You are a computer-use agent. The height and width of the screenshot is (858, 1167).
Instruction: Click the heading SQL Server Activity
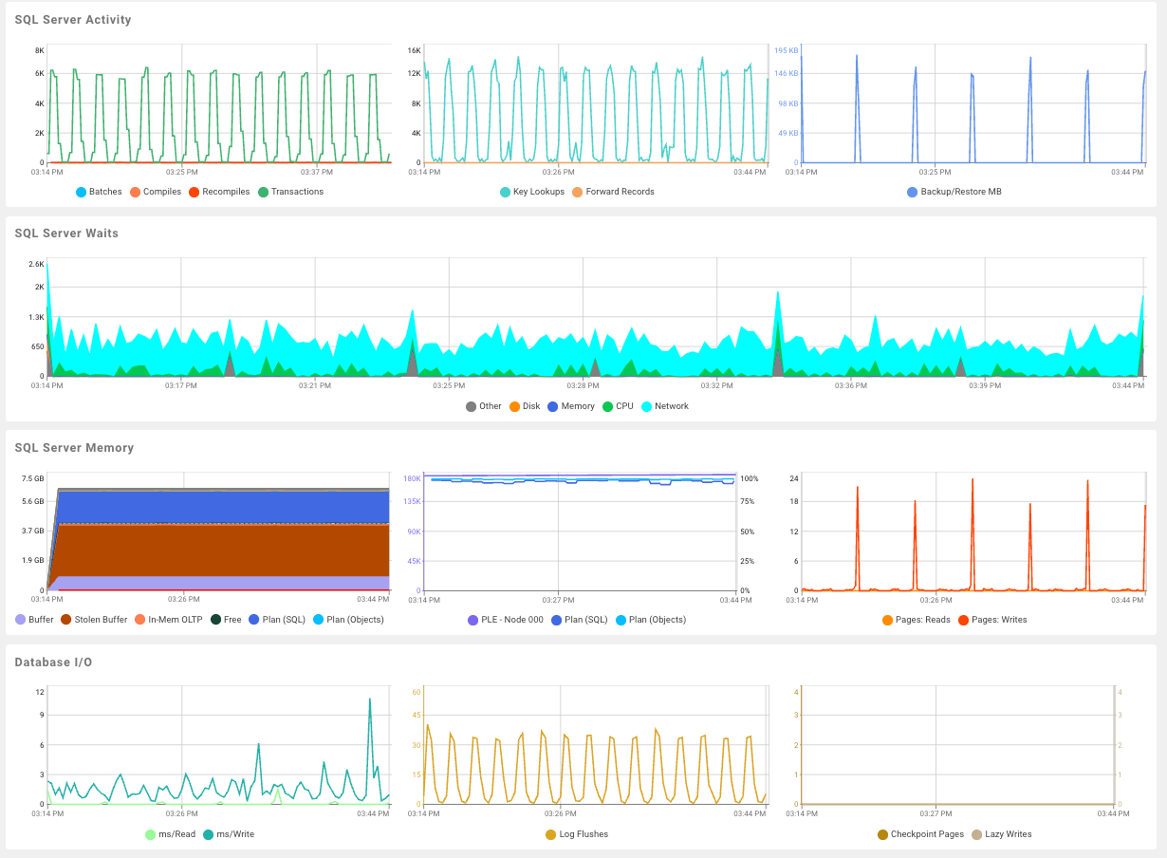pyautogui.click(x=73, y=20)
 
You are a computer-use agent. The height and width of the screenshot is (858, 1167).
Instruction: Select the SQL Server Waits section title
pyautogui.click(x=66, y=233)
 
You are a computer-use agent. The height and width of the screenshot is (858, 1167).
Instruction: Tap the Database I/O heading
pyautogui.click(x=53, y=662)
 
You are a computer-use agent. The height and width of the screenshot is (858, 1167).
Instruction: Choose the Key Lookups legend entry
pyautogui.click(x=538, y=192)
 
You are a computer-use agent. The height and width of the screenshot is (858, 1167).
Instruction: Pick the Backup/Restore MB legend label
pyautogui.click(x=961, y=192)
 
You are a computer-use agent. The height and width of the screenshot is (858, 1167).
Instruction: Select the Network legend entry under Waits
pyautogui.click(x=671, y=406)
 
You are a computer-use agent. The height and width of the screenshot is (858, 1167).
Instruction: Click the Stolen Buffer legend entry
pyautogui.click(x=100, y=620)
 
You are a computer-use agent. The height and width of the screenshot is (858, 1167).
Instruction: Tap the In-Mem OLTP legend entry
pyautogui.click(x=175, y=620)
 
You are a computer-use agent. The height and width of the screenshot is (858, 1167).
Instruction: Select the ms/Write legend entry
pyautogui.click(x=234, y=834)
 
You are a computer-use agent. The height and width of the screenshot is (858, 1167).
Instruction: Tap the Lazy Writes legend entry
pyautogui.click(x=1008, y=834)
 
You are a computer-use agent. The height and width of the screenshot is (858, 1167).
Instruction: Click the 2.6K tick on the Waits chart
pyautogui.click(x=36, y=264)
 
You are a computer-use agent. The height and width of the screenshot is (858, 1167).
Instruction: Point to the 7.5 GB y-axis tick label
pyautogui.click(x=32, y=478)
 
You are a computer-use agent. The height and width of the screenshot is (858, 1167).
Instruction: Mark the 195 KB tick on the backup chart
pyautogui.click(x=786, y=50)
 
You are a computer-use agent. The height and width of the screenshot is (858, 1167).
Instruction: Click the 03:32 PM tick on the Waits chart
pyautogui.click(x=716, y=386)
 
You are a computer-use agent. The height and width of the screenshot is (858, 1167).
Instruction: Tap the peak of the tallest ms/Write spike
pyautogui.click(x=369, y=699)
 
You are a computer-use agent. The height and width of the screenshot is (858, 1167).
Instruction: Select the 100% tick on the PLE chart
pyautogui.click(x=749, y=478)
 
